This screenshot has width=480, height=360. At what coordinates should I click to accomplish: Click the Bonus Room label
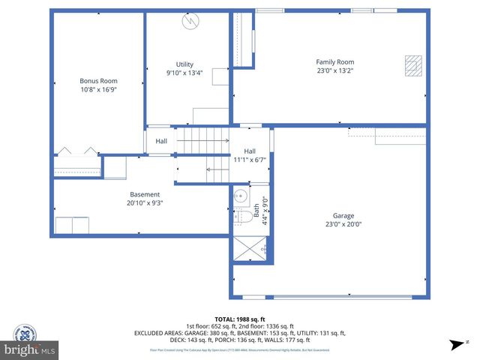pos(98,81)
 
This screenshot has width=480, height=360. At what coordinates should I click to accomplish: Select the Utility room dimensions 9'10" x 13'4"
pos(184,73)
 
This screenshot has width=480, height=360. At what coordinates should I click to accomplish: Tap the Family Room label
pos(334,62)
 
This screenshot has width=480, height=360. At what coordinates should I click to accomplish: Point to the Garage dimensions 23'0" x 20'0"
pos(343,223)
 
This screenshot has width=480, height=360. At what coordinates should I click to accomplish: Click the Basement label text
pos(145,194)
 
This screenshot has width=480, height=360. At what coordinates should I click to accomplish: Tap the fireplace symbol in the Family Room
pos(412,66)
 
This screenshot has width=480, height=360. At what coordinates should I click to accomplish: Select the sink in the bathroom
pos(240,197)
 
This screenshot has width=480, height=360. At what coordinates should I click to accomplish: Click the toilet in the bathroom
pos(241,218)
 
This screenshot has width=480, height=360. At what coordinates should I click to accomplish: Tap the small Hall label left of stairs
pos(161,141)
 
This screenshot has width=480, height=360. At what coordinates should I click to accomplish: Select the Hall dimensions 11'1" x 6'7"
pos(250,160)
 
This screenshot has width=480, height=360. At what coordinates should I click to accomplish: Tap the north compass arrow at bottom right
pos(455,345)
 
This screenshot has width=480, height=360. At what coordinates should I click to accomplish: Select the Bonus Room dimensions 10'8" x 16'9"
pos(98,89)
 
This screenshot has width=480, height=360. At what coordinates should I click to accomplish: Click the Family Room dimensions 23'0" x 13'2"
pos(334,70)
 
